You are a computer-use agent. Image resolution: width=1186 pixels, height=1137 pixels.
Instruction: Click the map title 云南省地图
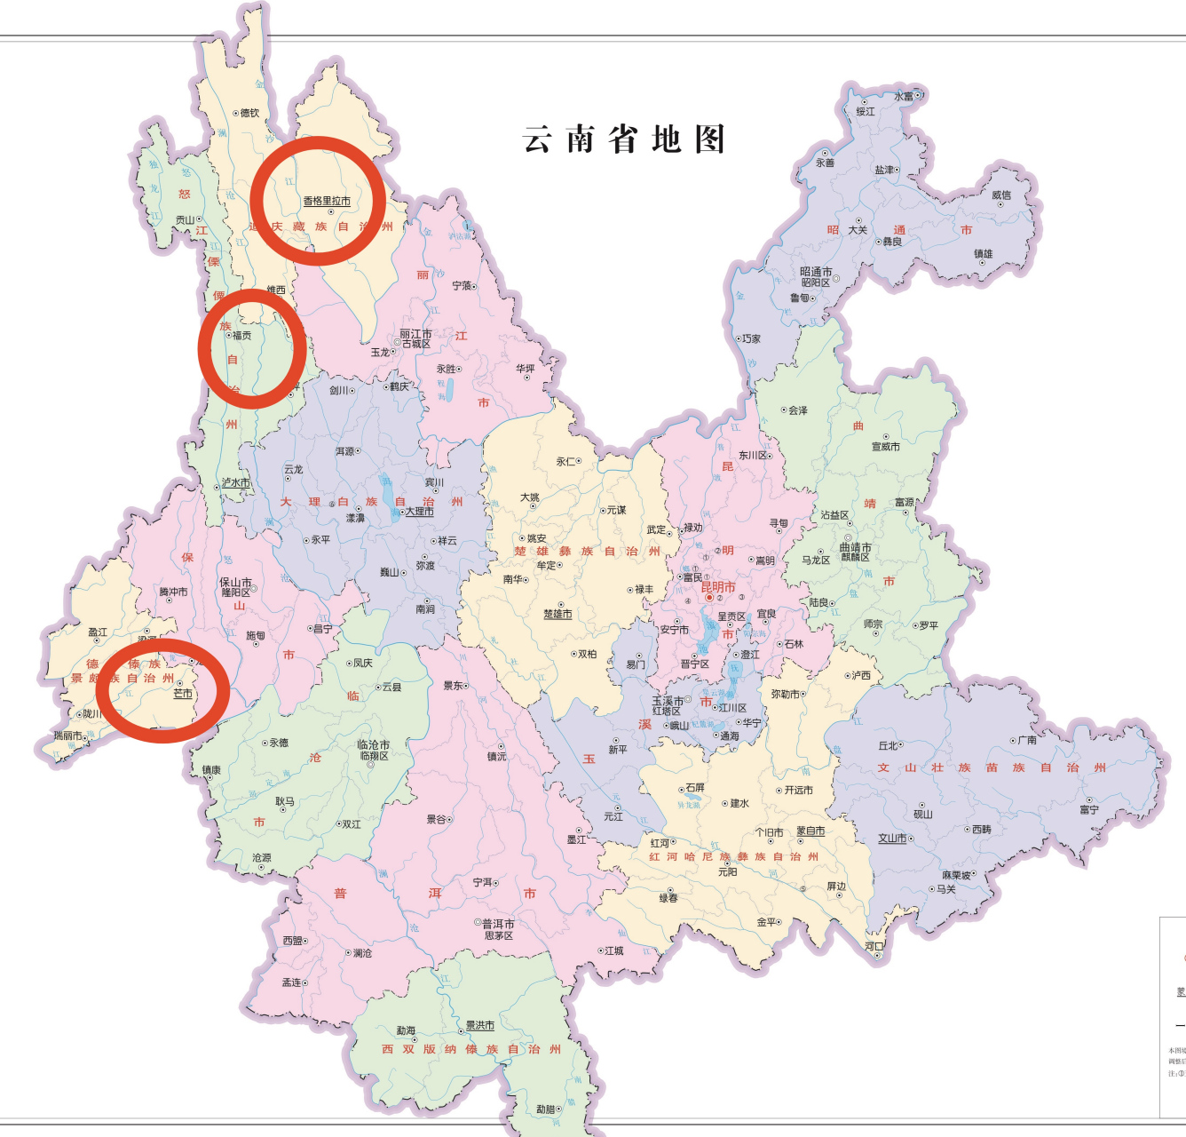(624, 140)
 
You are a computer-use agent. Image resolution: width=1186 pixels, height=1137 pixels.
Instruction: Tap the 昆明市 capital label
(717, 587)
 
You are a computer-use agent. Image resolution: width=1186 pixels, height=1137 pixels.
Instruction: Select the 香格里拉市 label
(327, 202)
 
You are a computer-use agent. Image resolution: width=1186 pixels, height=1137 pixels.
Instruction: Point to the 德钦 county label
(249, 113)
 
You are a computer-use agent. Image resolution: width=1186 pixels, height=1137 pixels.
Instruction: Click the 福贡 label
(241, 336)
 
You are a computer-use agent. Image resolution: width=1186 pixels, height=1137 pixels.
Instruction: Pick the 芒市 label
(183, 694)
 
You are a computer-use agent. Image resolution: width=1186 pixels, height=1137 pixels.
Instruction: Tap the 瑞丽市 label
(68, 735)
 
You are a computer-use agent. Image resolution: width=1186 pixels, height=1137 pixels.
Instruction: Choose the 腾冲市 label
(173, 592)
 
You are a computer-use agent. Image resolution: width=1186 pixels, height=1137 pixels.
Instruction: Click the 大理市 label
(420, 512)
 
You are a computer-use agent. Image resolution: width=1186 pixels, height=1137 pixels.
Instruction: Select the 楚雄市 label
(557, 614)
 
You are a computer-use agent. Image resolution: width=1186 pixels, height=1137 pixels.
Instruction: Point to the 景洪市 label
(480, 1025)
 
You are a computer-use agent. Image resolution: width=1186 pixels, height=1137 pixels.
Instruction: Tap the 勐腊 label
(545, 1109)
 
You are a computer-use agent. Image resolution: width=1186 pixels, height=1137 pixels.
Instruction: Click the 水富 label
(904, 96)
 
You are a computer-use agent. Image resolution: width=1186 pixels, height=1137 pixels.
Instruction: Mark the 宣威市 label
(885, 447)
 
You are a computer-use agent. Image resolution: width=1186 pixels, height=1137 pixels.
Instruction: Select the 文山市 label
(892, 838)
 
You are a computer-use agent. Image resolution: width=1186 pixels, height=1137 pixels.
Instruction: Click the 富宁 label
(1089, 809)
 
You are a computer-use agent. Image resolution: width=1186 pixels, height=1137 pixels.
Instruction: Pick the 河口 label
(874, 947)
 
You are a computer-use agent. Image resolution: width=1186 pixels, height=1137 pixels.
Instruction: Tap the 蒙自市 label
(810, 831)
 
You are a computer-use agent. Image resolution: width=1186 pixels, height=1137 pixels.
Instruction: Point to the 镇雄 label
(984, 254)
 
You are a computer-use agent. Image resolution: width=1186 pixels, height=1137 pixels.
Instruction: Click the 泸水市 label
(236, 483)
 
